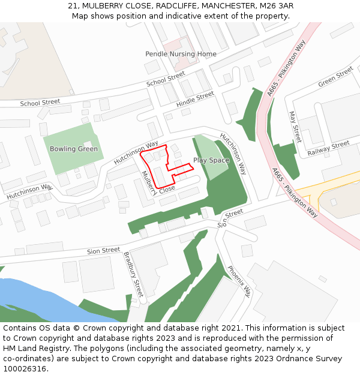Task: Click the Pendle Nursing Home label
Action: [x=181, y=54]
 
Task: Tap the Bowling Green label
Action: [x=74, y=149]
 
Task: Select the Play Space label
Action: [x=211, y=160]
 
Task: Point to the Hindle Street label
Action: [x=196, y=100]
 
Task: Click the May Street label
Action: [x=294, y=126]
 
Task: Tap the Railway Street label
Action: [x=328, y=148]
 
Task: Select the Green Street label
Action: [x=335, y=77]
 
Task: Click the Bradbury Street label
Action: [x=133, y=275]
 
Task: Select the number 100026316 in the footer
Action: [x=24, y=368]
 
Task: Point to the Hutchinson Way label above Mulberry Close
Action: [x=136, y=152]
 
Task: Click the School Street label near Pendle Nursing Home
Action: [x=166, y=79]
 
